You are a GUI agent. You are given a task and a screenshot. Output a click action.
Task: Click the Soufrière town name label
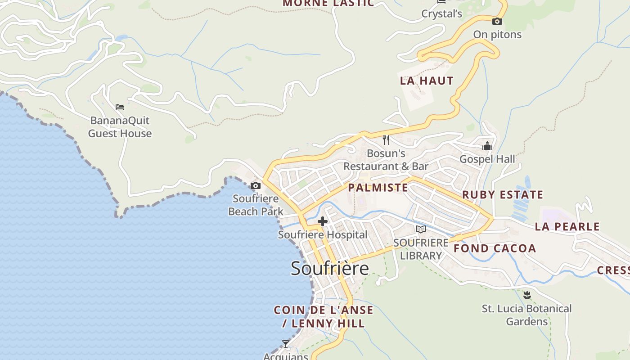[x=329, y=268]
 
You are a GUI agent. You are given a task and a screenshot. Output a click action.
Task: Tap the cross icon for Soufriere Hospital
[x=323, y=221]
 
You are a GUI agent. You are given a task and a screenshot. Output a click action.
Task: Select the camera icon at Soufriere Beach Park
[x=256, y=185]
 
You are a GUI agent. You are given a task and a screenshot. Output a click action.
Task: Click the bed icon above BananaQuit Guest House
[x=120, y=107]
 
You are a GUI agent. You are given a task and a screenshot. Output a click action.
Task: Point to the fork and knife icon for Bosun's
[x=386, y=139]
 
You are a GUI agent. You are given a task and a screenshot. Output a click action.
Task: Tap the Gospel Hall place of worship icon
[x=487, y=146]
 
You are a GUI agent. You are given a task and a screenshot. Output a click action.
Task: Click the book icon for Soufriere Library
[x=421, y=229]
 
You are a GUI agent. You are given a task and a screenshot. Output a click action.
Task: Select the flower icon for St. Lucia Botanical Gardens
[x=527, y=295]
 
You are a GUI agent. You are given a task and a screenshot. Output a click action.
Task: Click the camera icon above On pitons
[x=497, y=21]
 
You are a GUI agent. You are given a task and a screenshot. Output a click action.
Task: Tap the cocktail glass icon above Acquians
[x=286, y=344]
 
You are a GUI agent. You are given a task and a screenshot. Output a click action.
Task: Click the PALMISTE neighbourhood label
[x=378, y=188]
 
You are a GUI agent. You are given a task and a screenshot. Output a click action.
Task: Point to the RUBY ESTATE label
[x=503, y=195]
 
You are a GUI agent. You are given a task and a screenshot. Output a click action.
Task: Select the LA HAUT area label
[x=427, y=81]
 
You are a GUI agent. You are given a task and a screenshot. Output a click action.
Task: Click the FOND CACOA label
[x=495, y=248]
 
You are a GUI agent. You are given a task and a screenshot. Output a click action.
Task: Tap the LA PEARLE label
[x=567, y=226]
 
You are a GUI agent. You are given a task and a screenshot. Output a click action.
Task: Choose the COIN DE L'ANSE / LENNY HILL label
[x=324, y=316]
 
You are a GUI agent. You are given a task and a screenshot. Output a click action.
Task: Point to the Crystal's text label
[x=441, y=14]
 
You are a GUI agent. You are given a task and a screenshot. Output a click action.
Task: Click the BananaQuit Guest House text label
[x=120, y=127]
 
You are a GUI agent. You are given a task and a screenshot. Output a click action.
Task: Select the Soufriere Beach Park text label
[x=256, y=205]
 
